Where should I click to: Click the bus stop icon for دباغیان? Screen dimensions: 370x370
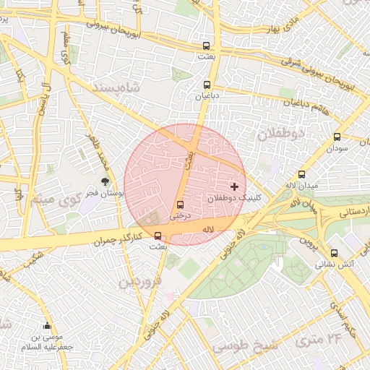coord(207,85)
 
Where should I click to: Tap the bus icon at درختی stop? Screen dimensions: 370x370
coord(180,205)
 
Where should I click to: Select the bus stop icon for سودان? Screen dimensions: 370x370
coord(337,137)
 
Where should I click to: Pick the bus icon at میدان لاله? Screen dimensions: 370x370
coord(301,174)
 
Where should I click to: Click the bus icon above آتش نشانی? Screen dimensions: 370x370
coord(334,254)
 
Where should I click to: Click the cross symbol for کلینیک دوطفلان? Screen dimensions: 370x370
coord(233,186)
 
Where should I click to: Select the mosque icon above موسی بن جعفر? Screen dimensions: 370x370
coord(48,326)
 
